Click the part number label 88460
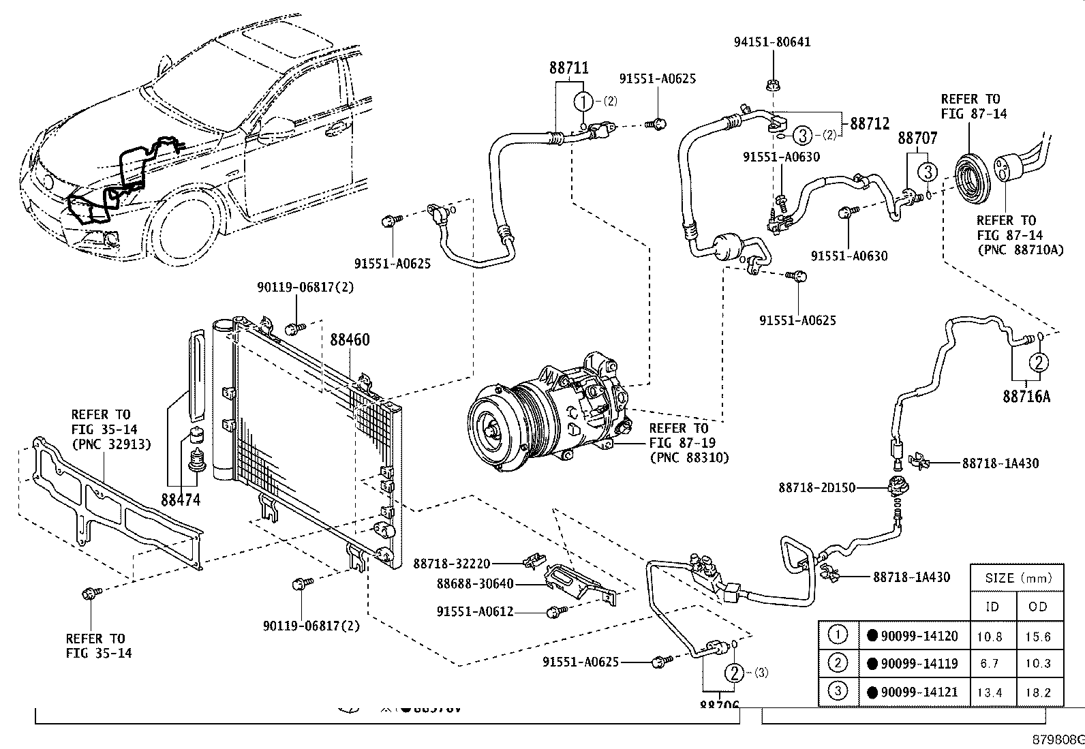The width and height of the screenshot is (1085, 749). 350,339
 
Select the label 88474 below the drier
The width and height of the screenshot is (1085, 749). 181,500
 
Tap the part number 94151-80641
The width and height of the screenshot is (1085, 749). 772,42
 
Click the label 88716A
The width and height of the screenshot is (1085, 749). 1026,397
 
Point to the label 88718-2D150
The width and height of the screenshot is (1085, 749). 816,488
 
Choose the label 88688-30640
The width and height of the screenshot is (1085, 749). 475,583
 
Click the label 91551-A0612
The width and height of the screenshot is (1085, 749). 475,612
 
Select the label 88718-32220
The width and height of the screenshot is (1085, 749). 452,564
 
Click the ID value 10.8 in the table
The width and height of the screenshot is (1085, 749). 990,637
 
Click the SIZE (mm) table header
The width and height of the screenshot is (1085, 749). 1017,579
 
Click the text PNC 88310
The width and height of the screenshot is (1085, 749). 689,457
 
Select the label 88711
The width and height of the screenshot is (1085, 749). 569,68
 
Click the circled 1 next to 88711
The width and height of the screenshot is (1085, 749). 584,102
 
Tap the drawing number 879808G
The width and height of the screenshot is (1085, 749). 1057,739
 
